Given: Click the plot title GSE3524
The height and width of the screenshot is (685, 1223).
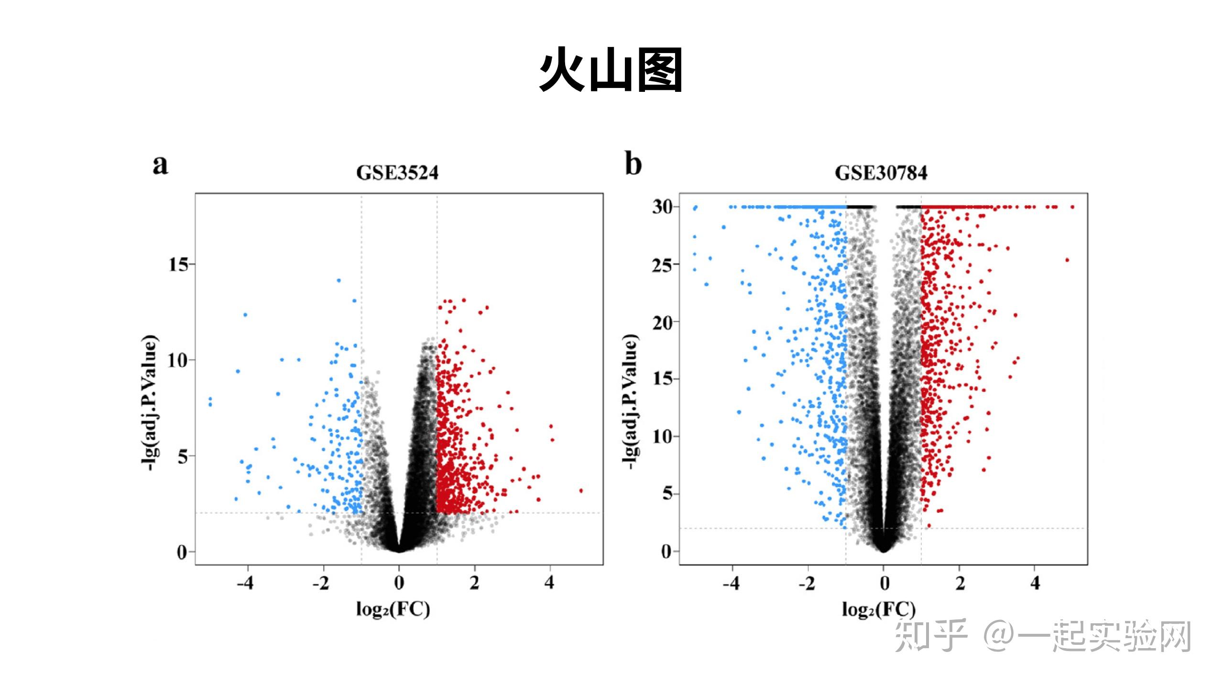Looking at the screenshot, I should point(397,173).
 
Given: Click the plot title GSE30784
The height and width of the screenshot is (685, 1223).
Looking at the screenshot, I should point(881,173).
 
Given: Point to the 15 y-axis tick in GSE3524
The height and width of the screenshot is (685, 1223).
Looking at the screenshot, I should point(179,265).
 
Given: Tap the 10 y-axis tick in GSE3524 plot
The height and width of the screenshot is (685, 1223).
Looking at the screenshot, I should point(177,360).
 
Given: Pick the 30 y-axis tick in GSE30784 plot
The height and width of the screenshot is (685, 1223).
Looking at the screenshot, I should point(663,207).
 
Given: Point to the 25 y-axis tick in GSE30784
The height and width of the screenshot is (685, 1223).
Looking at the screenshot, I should point(663,265).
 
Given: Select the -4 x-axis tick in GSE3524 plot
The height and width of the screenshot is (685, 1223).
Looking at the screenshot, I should point(245,583).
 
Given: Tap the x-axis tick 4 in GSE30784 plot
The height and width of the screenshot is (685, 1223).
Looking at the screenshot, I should point(1035,583).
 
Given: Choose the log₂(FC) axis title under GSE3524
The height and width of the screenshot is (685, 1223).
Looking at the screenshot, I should point(393,609).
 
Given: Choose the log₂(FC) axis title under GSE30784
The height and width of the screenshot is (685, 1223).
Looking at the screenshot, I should point(878,609).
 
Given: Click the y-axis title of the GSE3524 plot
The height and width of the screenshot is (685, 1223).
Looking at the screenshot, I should point(150,402).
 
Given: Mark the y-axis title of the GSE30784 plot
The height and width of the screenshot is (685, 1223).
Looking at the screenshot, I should point(631,401).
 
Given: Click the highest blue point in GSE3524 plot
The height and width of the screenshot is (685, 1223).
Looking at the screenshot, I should point(339,280).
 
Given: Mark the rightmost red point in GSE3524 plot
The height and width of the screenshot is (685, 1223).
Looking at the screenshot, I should point(581,491).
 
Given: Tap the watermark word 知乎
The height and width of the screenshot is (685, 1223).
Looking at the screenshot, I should point(930,636).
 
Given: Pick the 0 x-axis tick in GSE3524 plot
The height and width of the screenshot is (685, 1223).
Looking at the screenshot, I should point(399,583).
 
